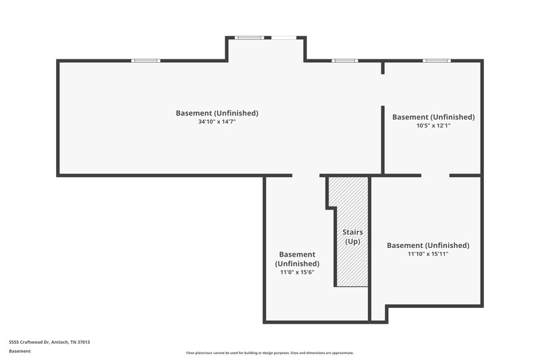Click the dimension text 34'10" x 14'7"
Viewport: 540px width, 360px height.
pyautogui.click(x=217, y=122)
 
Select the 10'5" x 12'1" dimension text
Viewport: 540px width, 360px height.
pyautogui.click(x=433, y=126)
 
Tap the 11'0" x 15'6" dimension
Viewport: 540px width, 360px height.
pyautogui.click(x=297, y=272)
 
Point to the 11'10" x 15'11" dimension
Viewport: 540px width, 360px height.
pyautogui.click(x=428, y=254)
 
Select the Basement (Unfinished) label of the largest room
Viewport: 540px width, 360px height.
pyautogui.click(x=217, y=113)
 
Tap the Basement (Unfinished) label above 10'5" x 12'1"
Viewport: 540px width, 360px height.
pyautogui.click(x=433, y=117)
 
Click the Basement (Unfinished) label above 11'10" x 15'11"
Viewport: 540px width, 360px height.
pyautogui.click(x=428, y=245)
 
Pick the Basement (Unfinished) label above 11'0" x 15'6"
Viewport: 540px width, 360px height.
pyautogui.click(x=297, y=259)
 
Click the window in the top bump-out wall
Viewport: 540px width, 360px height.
pyautogui.click(x=249, y=38)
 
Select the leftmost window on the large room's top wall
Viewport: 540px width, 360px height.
pyautogui.click(x=145, y=61)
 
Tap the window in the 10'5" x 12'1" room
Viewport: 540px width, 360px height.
pyautogui.click(x=436, y=61)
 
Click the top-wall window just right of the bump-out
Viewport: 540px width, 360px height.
pyautogui.click(x=344, y=61)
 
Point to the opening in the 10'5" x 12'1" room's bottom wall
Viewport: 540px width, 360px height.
pyautogui.click(x=435, y=176)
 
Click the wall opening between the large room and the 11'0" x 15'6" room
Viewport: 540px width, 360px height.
pyautogui.click(x=306, y=176)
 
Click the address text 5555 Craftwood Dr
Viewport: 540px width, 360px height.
pyautogui.click(x=49, y=342)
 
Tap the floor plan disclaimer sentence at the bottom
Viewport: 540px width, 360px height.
pyautogui.click(x=270, y=353)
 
